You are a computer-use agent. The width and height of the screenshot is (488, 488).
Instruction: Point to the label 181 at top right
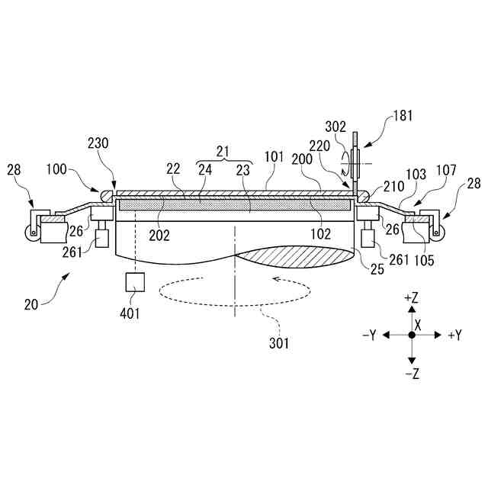point(404,117)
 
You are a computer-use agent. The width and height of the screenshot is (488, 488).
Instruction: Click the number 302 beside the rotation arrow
point(336,128)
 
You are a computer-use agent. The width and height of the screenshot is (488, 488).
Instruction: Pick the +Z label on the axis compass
point(412,297)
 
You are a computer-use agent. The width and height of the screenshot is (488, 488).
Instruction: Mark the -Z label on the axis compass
point(412,373)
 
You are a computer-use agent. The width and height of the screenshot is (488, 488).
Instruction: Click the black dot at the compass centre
point(412,335)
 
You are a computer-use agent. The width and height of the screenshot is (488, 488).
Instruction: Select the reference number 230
point(98,143)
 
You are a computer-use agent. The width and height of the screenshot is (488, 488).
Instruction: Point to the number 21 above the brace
point(222,152)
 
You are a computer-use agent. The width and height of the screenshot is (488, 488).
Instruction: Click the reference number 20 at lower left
point(32,304)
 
